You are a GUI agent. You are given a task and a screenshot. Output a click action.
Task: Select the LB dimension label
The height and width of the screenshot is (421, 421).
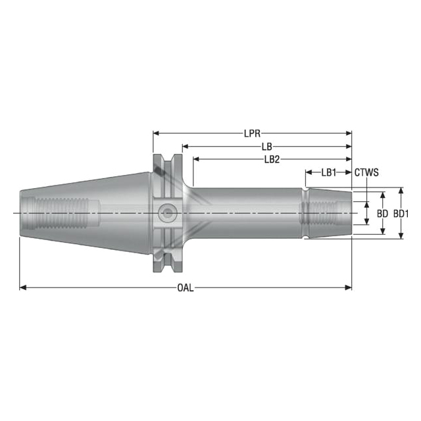tap(266, 146)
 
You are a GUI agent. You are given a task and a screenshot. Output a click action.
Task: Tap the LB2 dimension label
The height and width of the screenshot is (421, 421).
tap(272, 159)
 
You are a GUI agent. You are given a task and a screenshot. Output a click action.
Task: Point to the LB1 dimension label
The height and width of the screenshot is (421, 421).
tap(328, 172)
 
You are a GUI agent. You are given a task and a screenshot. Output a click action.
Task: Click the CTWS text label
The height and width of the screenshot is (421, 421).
tap(367, 172)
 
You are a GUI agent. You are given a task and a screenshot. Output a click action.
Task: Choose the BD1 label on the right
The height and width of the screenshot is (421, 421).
tap(401, 214)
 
